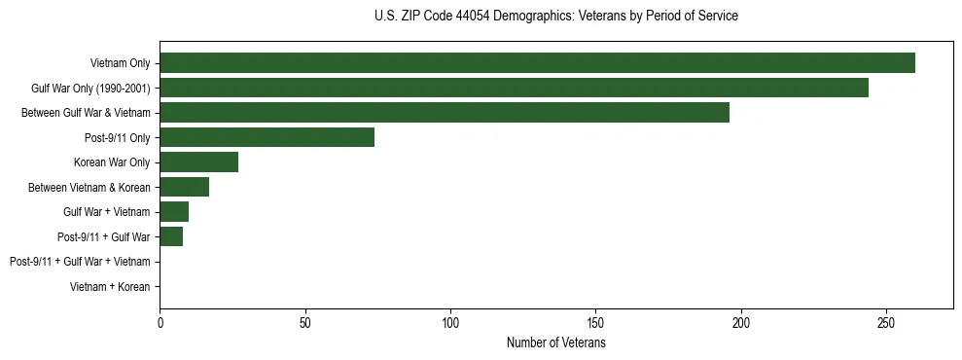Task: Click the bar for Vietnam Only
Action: [537, 63]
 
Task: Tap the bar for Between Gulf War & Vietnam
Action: [445, 113]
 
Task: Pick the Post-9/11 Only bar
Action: [267, 137]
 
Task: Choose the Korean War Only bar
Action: [198, 162]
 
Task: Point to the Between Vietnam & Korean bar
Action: [184, 187]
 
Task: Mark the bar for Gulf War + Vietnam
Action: [174, 212]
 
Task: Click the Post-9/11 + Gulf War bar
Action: [171, 236]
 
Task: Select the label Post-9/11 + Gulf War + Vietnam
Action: [80, 262]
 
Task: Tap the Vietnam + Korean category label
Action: [110, 287]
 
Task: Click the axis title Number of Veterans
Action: [555, 342]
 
